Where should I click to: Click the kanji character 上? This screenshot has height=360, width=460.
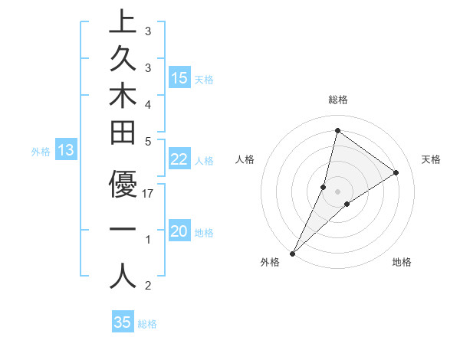click(x=123, y=22)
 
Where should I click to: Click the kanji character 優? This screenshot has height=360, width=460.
click(x=123, y=184)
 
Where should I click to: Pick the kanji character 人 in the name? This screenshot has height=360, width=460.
click(x=123, y=275)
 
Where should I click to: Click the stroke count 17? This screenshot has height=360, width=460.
click(x=149, y=194)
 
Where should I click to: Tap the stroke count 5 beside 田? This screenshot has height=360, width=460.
click(x=148, y=141)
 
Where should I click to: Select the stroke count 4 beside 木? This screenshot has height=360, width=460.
click(x=148, y=103)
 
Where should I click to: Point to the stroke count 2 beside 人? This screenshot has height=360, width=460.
click(x=148, y=286)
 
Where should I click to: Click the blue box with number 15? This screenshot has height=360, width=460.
click(x=179, y=78)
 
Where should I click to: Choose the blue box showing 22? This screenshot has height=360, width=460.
click(x=179, y=159)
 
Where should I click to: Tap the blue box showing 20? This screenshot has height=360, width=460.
click(x=179, y=232)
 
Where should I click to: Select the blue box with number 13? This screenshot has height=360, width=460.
click(x=65, y=151)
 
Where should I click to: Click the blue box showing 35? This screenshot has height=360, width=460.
click(x=123, y=322)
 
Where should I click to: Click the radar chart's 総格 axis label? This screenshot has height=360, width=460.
click(x=337, y=100)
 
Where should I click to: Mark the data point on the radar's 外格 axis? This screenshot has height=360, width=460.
click(x=293, y=253)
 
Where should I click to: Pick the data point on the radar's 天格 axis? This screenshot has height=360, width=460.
click(x=396, y=172)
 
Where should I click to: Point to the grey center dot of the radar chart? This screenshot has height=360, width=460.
click(x=337, y=191)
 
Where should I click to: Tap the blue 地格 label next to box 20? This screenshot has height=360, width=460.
click(x=205, y=233)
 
